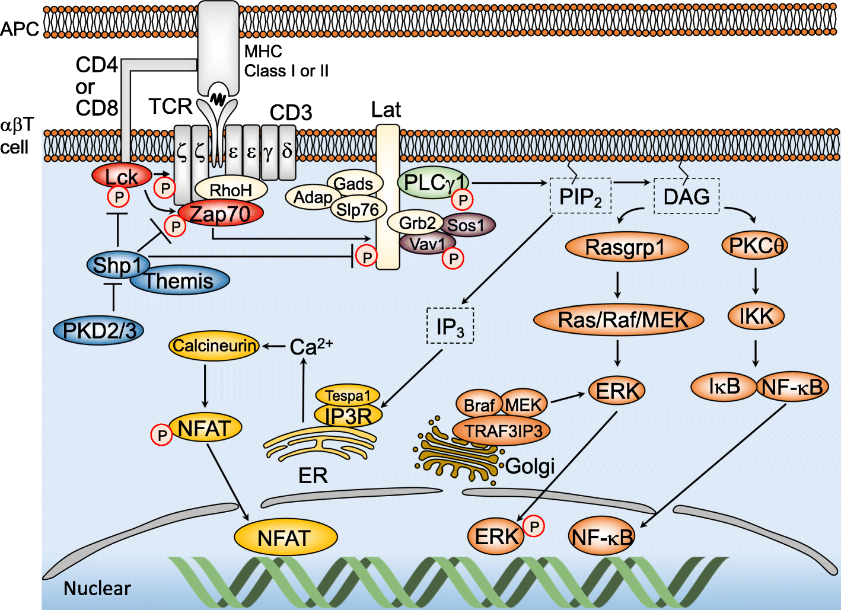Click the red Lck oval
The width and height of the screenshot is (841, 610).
coord(122,176)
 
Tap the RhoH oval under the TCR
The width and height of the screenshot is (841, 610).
coord(231,190)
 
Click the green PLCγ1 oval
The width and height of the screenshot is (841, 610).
coord(434,183)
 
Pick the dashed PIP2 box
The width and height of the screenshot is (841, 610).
coord(580,196)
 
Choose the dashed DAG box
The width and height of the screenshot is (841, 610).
coord(686,196)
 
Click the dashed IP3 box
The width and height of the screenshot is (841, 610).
coord(450,326)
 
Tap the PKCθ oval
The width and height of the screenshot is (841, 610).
coord(755,245)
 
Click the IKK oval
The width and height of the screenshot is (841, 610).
coord(756,316)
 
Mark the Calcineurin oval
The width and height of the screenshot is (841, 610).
coord(215,346)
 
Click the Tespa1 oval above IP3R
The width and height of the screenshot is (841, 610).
coord(348,395)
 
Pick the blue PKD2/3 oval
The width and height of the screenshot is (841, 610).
coord(99,330)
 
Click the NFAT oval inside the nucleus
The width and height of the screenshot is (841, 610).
coord(285,538)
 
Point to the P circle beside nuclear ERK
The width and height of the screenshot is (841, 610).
coord(534,525)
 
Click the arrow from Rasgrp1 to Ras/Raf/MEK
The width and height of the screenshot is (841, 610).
coord(618,285)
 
